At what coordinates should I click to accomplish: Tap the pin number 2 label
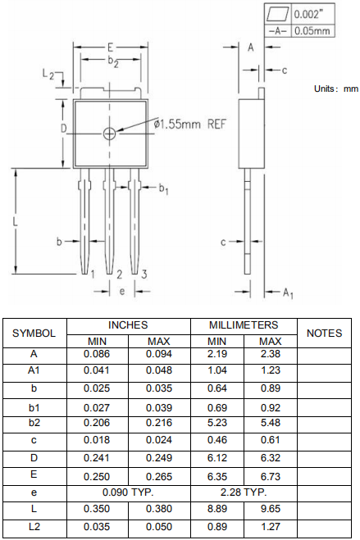119,275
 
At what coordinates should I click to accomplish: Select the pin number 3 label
144,275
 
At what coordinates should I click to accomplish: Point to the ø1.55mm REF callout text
189,124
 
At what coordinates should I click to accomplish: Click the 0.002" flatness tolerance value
309,15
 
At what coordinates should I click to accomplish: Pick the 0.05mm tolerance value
312,31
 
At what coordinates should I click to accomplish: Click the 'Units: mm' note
336,88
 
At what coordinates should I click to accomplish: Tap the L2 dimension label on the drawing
48,74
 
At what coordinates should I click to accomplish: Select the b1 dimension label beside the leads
163,188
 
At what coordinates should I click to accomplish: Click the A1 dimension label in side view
288,293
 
